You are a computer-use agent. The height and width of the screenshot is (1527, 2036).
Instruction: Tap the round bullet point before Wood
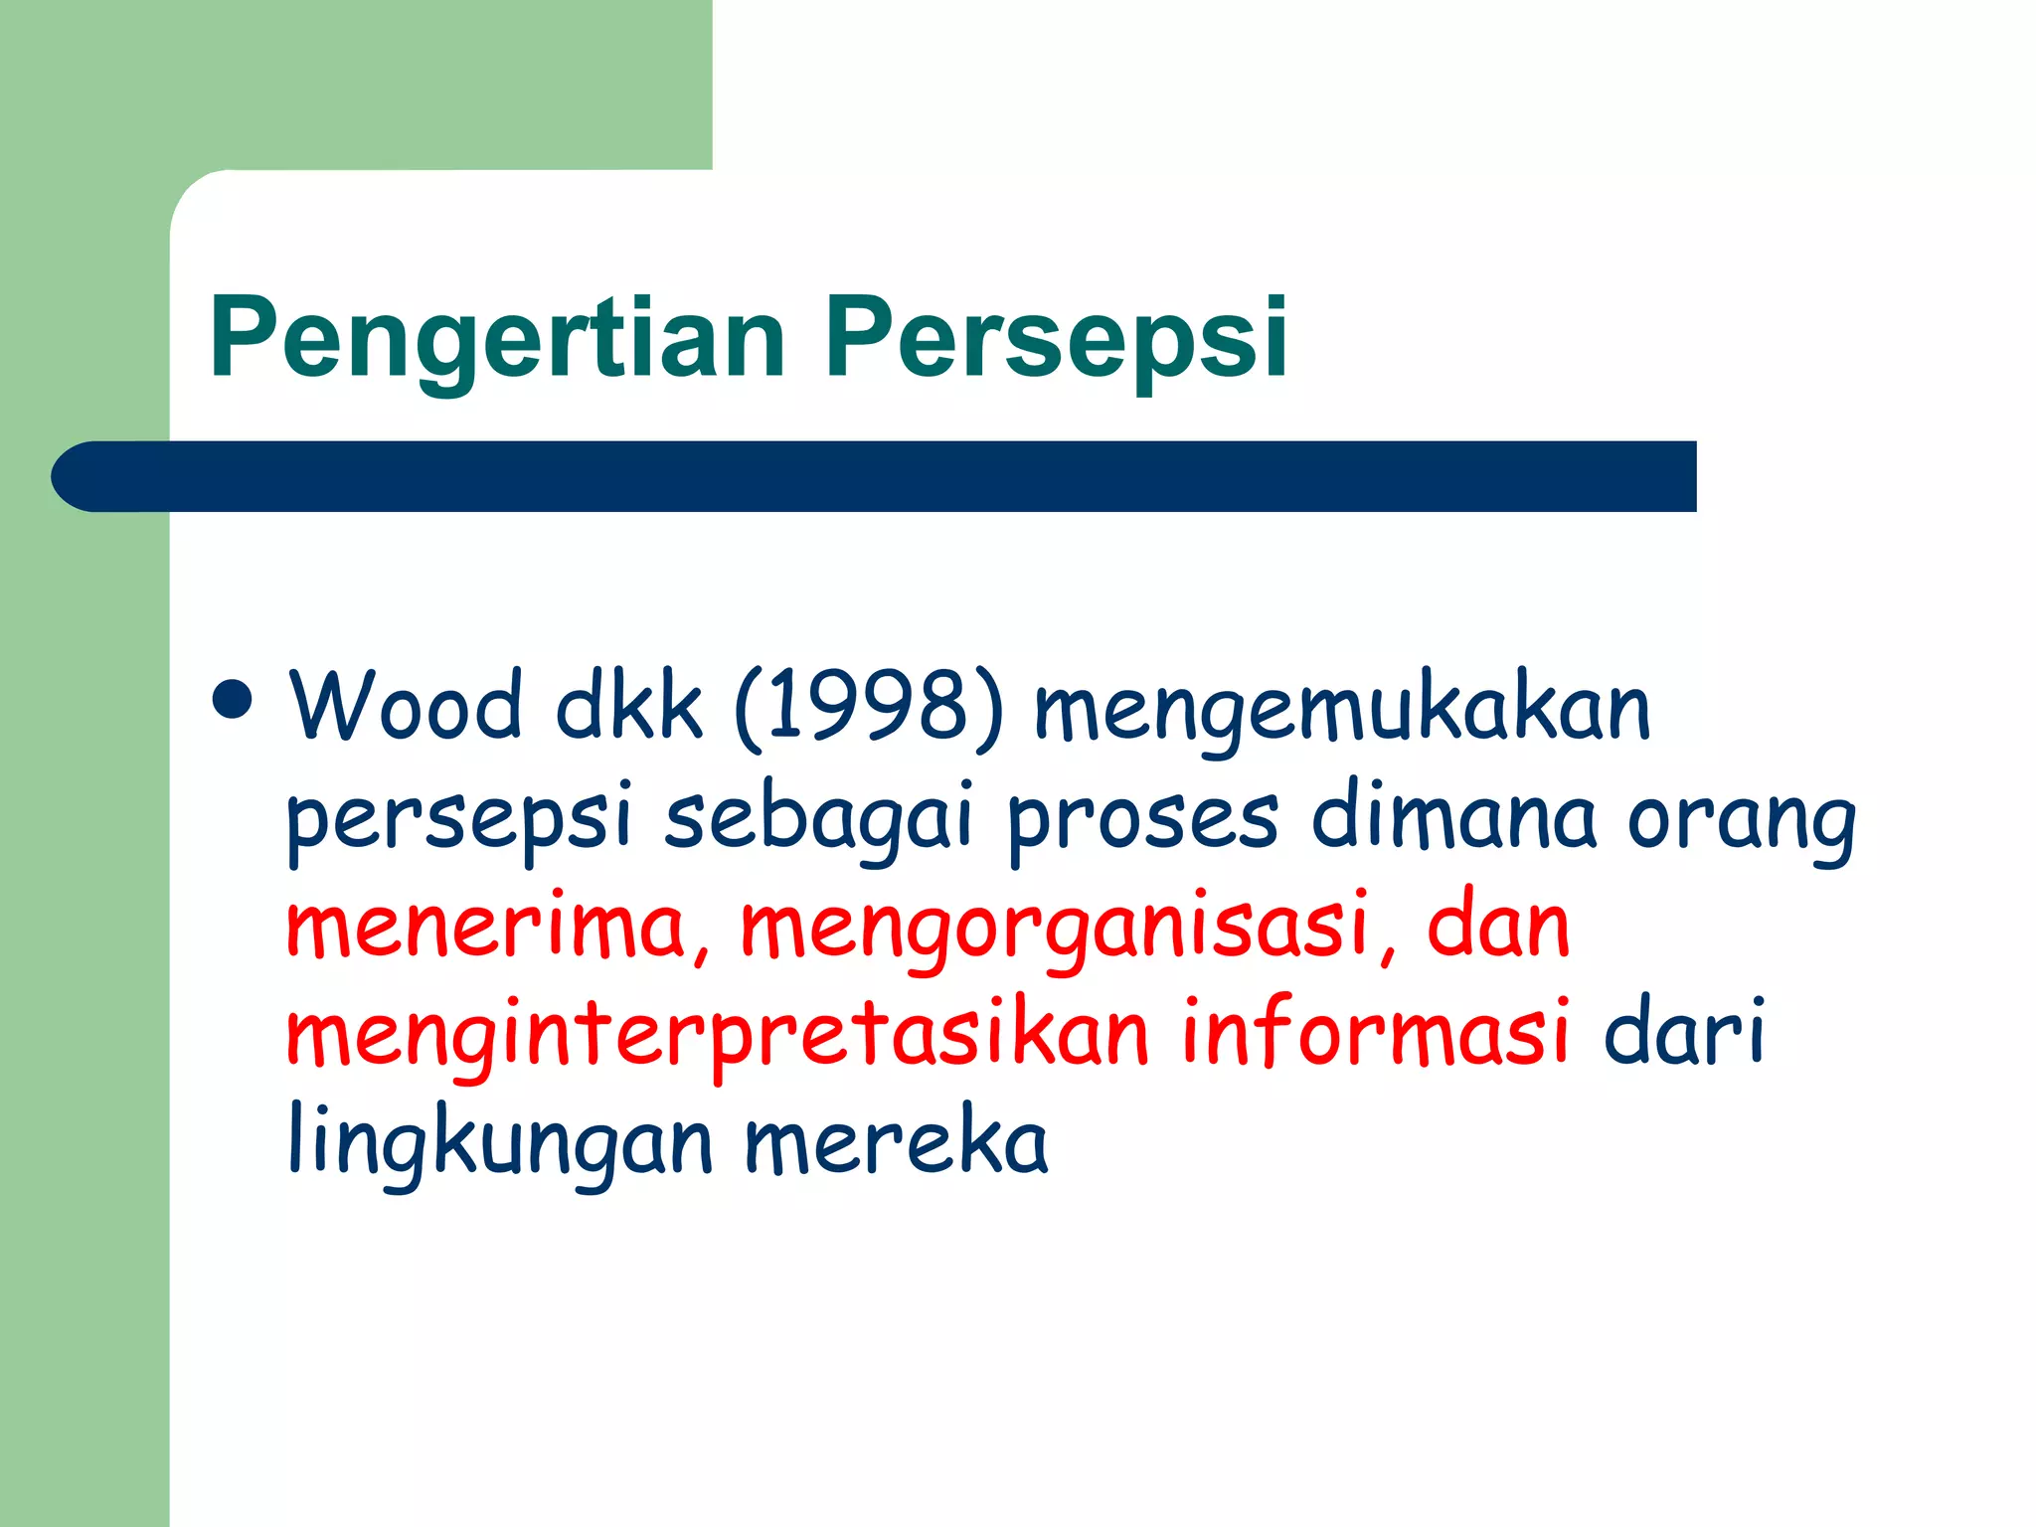click(233, 699)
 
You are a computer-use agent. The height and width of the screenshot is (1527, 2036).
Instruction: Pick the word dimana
click(1453, 817)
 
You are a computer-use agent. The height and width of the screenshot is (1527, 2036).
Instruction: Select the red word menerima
click(487, 927)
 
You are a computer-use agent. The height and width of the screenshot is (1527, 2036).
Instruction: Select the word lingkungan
click(500, 1143)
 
